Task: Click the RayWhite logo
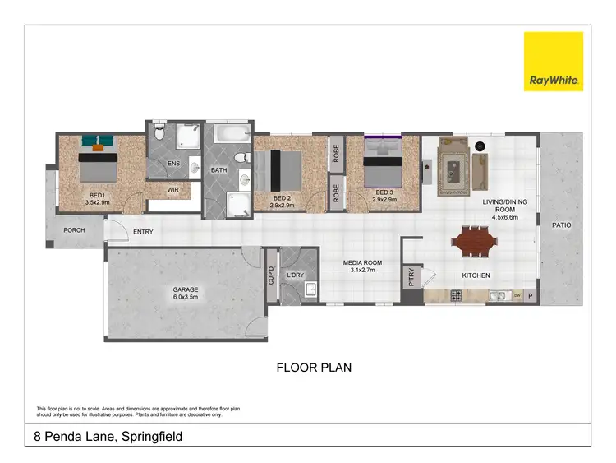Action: click(554, 61)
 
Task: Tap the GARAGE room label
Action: click(186, 289)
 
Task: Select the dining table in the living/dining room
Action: click(474, 243)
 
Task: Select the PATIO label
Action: click(562, 225)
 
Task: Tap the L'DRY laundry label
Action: click(296, 275)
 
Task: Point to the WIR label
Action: click(173, 190)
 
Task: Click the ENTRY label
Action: click(143, 232)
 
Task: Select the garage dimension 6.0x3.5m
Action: click(186, 298)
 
